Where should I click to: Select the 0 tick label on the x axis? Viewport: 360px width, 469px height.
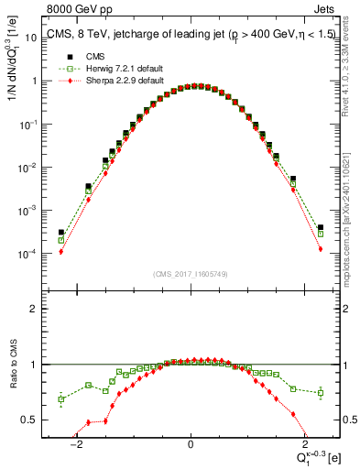click(x=190, y=444)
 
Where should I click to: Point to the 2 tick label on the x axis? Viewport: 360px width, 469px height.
click(x=303, y=444)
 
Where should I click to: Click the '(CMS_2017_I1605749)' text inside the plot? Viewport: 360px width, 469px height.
click(x=190, y=273)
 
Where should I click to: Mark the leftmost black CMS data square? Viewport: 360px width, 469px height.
click(x=60, y=233)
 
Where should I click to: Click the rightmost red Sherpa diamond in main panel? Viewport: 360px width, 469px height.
click(x=320, y=248)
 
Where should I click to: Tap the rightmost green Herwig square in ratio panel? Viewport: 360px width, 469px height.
click(x=320, y=393)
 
